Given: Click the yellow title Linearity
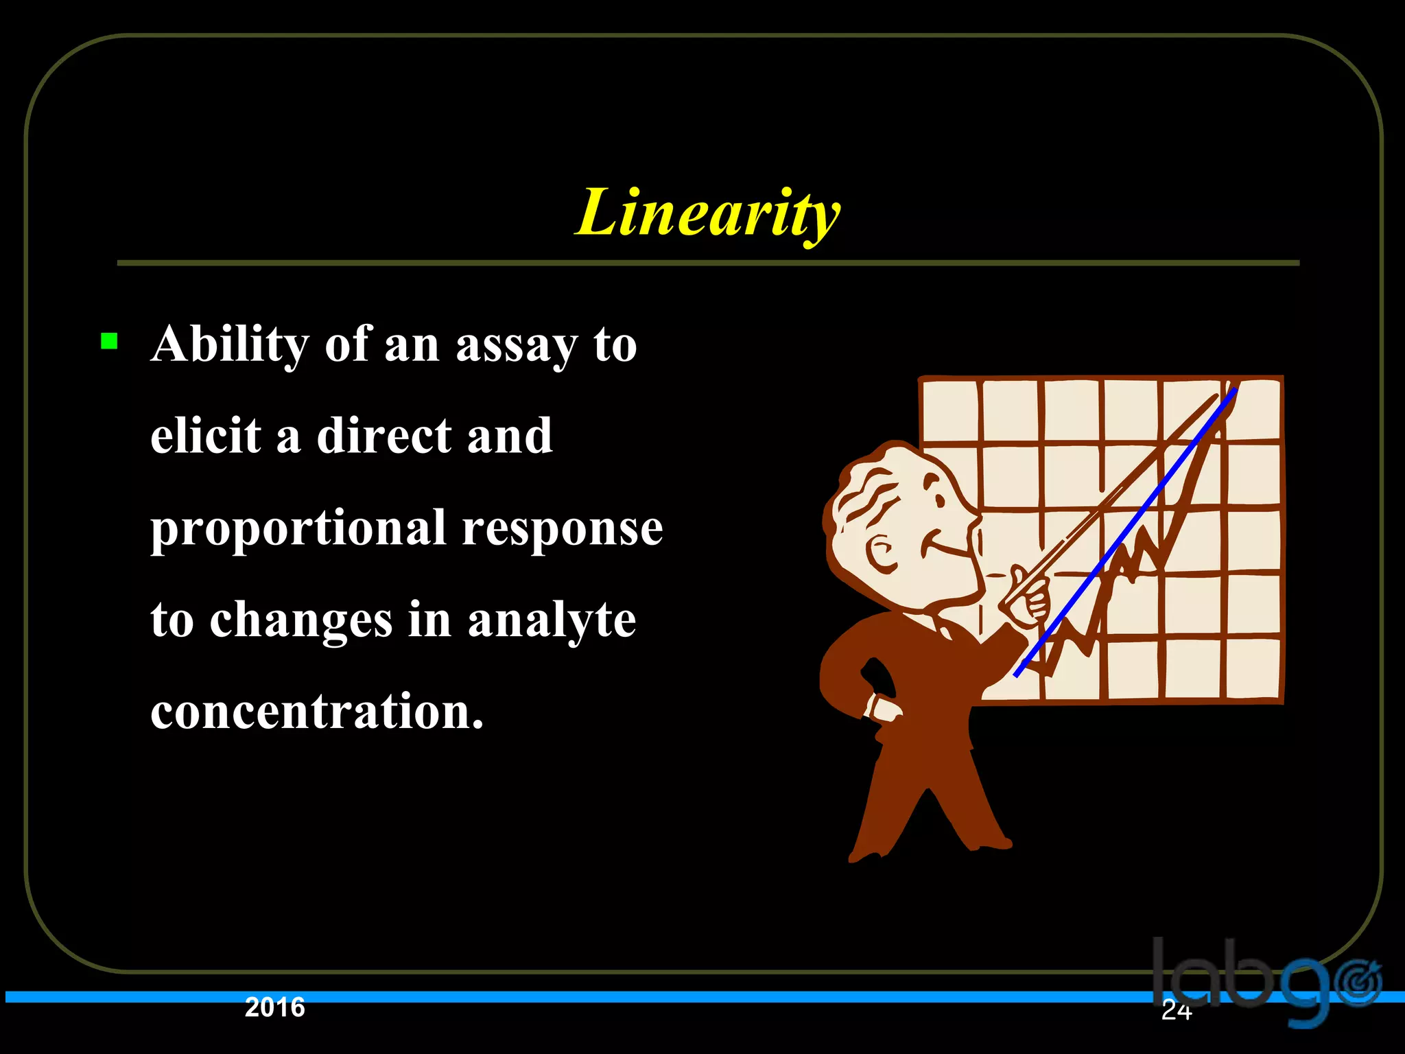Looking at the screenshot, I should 707,214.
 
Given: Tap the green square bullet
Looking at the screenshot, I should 109,341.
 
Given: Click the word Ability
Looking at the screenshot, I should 230,344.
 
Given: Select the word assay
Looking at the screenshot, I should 516,346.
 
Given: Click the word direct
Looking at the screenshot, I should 384,436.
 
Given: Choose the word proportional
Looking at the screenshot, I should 298,530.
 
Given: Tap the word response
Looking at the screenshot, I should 562,530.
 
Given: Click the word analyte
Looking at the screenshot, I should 552,620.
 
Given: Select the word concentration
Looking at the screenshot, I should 316,711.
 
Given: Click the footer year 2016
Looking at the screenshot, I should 274,1007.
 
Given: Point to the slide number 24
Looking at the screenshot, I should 1176,1010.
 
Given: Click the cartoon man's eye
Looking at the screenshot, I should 938,497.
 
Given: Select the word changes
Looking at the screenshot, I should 300,620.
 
